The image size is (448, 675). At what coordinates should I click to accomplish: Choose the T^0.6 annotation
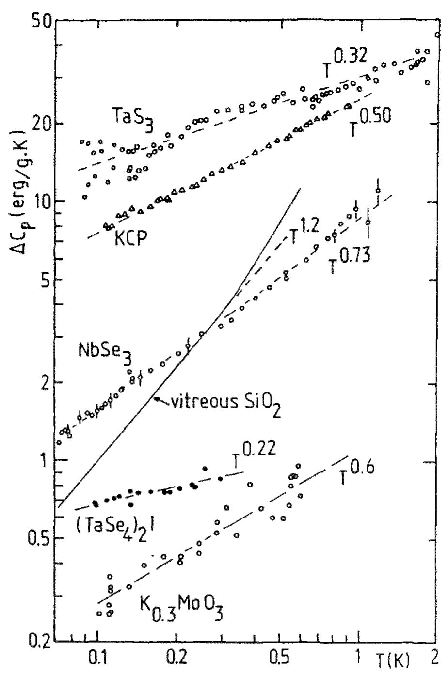click(x=359, y=473)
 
